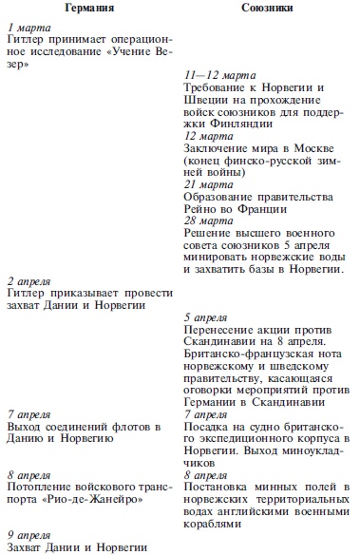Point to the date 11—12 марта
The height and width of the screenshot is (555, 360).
pos(213,73)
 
